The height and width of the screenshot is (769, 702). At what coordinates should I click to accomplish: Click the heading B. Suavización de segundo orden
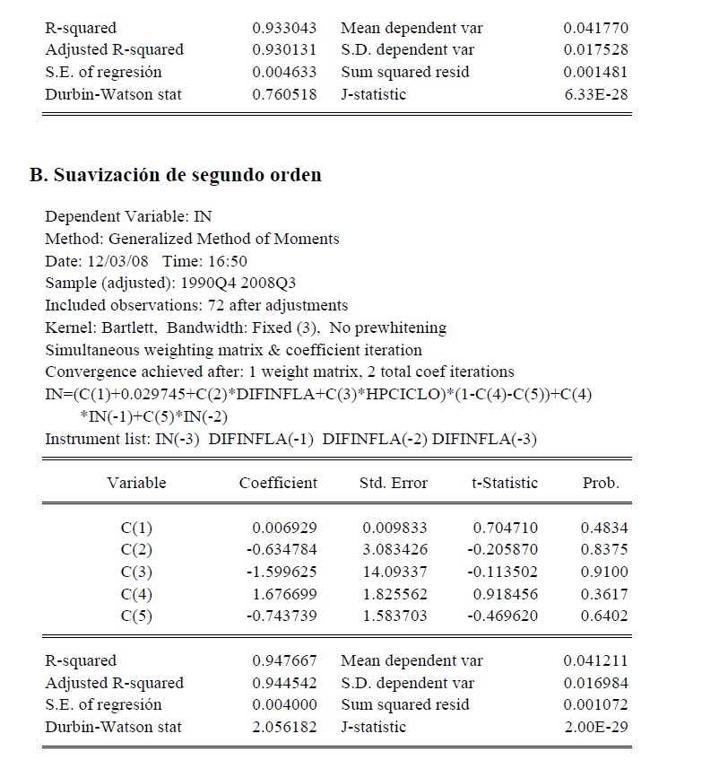175,175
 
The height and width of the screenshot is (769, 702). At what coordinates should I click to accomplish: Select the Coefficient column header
278,483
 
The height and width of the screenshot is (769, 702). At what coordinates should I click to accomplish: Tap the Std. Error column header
394,483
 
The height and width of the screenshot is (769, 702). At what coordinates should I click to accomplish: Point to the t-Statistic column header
505,483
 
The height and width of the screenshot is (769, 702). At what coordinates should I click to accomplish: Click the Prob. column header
601,483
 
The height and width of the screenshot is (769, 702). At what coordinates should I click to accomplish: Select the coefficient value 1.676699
285,594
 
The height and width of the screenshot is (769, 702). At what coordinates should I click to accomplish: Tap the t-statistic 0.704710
506,528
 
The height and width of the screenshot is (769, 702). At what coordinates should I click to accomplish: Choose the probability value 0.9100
604,572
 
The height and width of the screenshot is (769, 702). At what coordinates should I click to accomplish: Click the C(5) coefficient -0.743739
282,616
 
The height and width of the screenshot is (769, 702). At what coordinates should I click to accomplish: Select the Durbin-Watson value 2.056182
285,726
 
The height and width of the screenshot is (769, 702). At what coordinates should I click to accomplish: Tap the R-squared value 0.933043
285,29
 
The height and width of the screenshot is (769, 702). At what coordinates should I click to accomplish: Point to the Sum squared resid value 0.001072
596,704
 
